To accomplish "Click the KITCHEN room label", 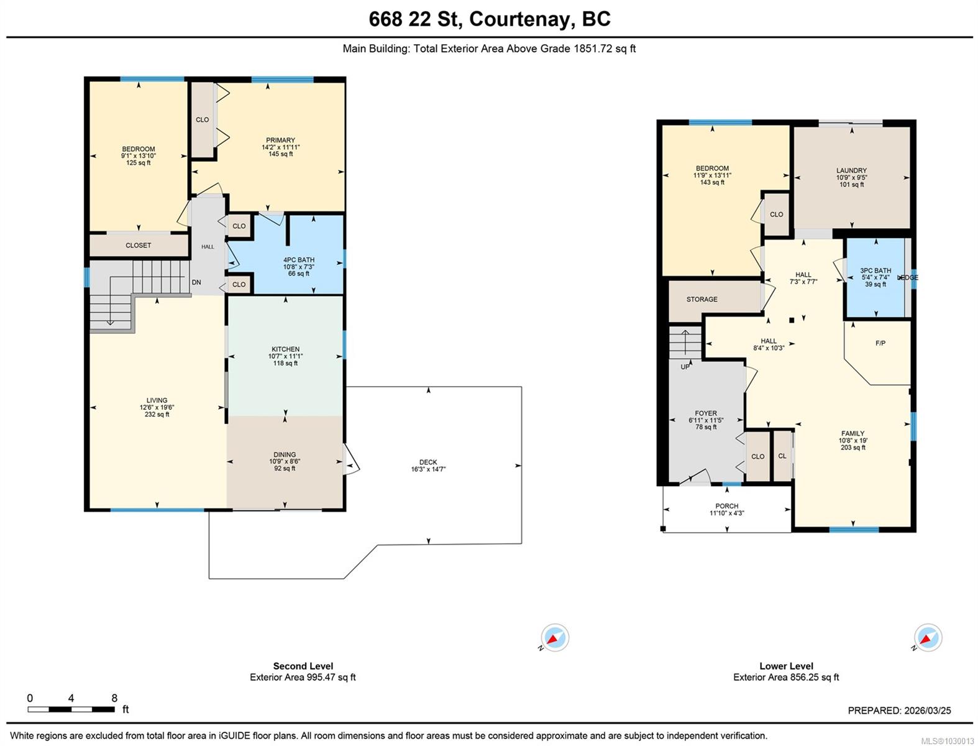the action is (285, 349).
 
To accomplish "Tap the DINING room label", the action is (284, 454).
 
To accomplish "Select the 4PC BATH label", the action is (298, 260).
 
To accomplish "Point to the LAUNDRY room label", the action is (851, 170).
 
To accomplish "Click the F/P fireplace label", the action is (880, 343).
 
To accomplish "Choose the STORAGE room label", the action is (702, 299).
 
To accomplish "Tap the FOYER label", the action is (706, 413).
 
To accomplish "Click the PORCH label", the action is (727, 506).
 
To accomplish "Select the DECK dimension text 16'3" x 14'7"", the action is (428, 469).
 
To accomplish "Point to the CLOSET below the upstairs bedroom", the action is (138, 245).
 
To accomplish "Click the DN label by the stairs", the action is (196, 282).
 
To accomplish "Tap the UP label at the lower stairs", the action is (685, 367).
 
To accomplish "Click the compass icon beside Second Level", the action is (555, 637).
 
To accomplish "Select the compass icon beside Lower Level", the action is (928, 637).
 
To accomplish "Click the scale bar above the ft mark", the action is (71, 709).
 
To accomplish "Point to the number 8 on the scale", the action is (114, 698).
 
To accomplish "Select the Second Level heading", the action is (303, 666).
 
